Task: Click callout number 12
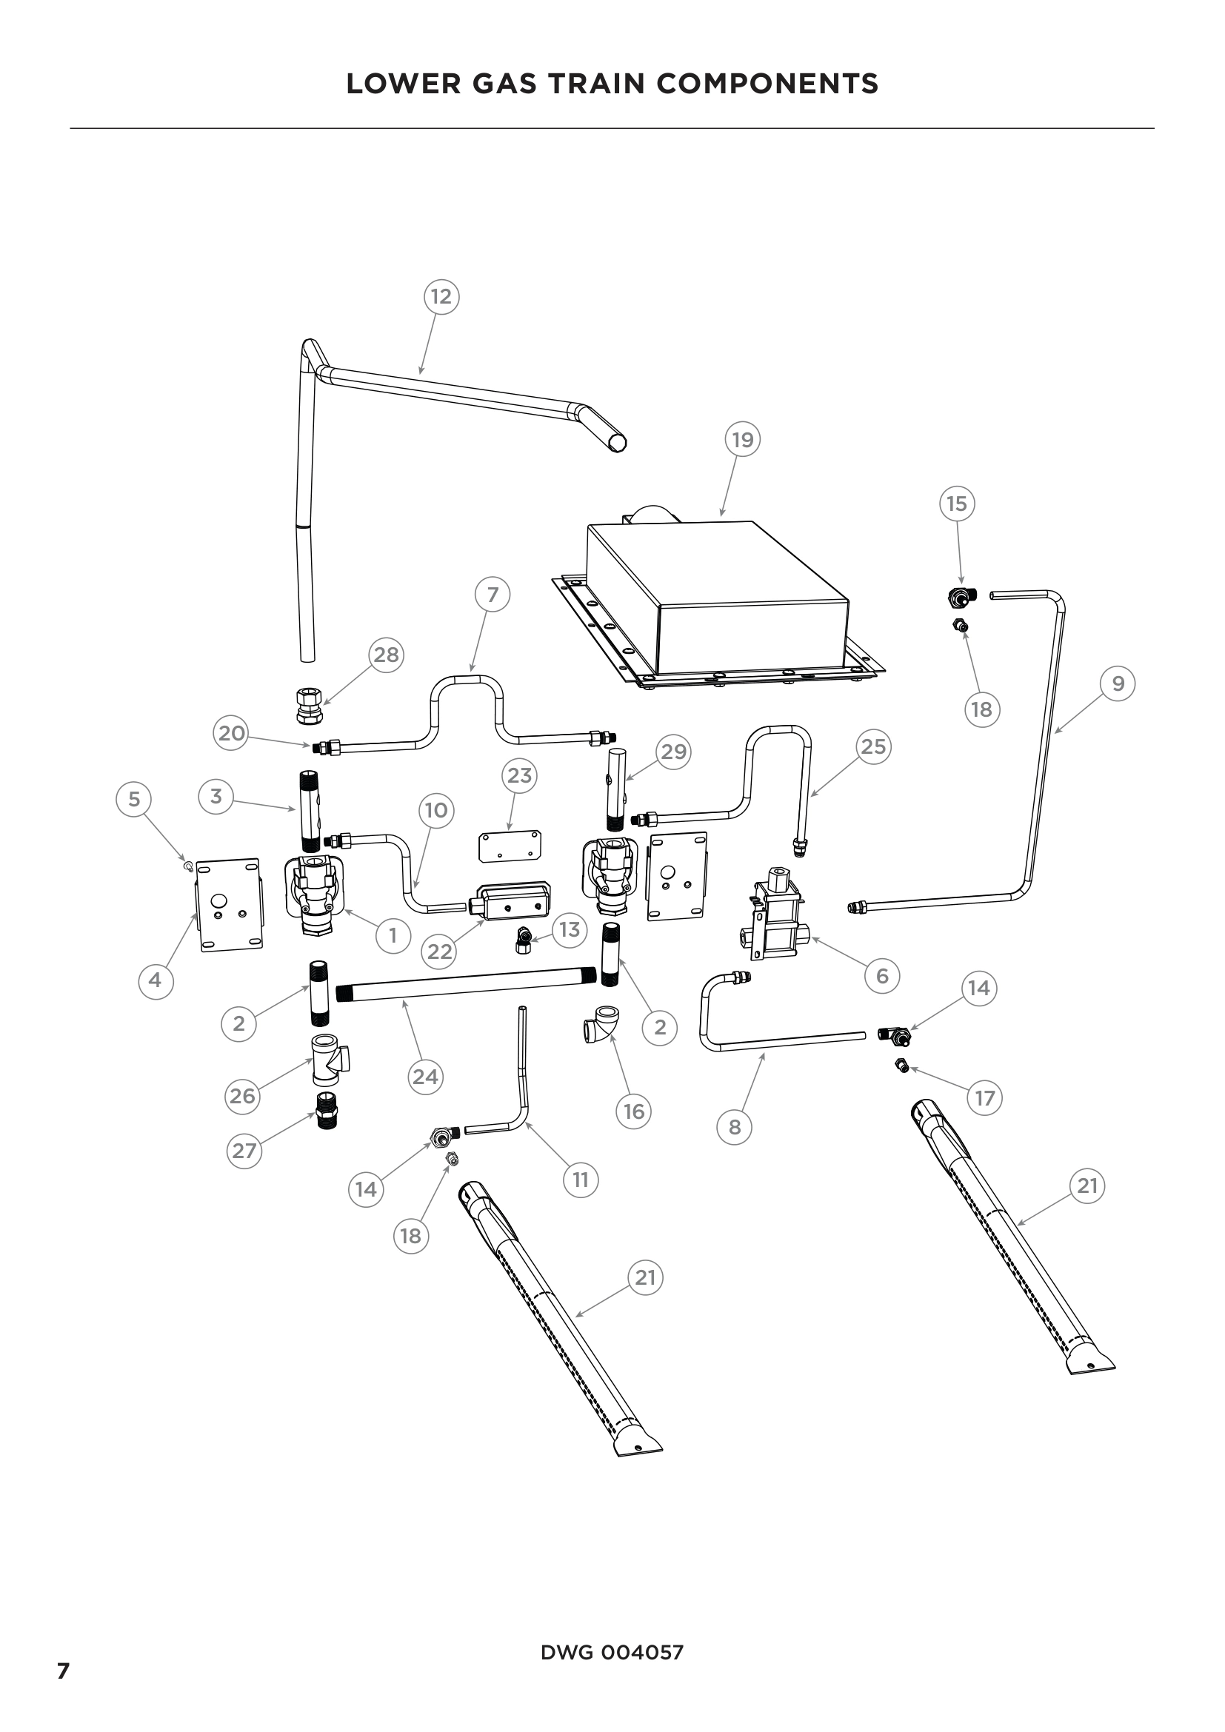pos(441,296)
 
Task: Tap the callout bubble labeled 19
pos(743,440)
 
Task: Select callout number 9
pos(1118,683)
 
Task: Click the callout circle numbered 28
pos(386,655)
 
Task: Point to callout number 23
pos(519,775)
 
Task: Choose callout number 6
pos(883,976)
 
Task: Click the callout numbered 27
pos(244,1151)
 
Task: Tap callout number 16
pos(634,1111)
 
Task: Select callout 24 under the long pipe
pos(425,1077)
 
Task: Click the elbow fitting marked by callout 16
pos(603,1023)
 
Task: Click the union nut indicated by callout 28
pos(310,706)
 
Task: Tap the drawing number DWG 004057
pos(612,1652)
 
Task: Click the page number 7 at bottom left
pos(64,1671)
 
